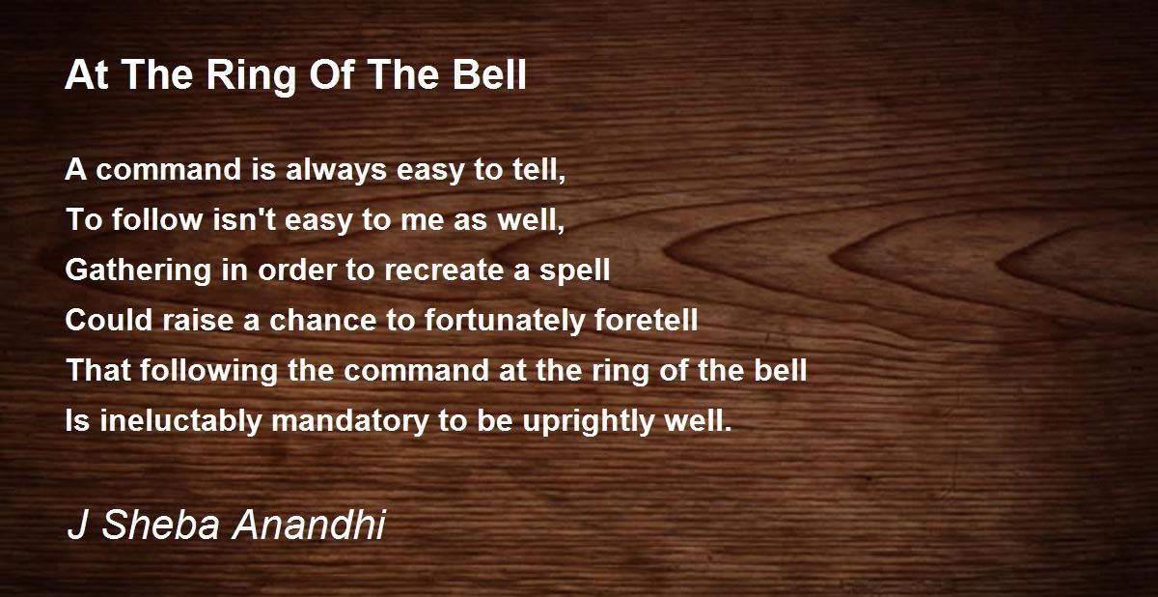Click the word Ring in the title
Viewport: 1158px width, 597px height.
[x=250, y=76]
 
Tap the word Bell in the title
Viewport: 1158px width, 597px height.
[x=489, y=74]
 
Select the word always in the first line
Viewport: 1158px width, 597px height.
[x=336, y=171]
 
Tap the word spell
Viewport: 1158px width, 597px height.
[x=575, y=271]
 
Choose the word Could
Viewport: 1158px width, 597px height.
[x=108, y=320]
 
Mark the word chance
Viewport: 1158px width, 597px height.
[x=323, y=320]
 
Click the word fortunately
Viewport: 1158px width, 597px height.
[x=505, y=321]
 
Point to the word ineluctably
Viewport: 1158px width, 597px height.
[x=181, y=421]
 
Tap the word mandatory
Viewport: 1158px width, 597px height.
[x=350, y=421]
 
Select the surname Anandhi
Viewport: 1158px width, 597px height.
[x=309, y=525]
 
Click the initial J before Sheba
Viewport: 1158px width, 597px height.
[x=77, y=525]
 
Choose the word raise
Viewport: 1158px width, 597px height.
[x=198, y=320]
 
